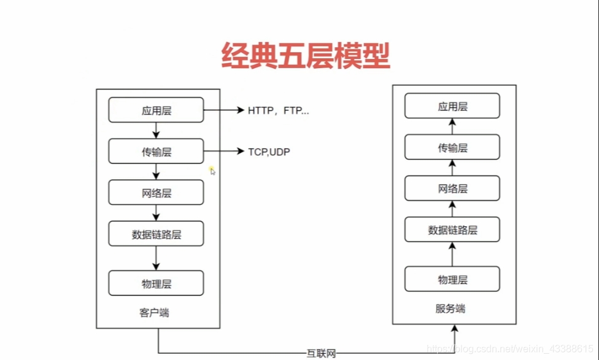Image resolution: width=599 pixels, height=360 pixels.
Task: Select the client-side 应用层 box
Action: point(156,110)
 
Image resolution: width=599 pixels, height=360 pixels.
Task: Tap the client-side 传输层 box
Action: point(156,151)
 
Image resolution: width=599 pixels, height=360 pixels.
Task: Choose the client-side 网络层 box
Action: point(156,193)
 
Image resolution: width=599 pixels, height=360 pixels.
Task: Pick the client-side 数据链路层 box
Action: point(156,234)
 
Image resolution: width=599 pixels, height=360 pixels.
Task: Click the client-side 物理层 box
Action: point(156,283)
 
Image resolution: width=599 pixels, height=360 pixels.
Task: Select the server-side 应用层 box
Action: point(452,106)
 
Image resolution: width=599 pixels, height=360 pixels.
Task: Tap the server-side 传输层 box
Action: point(452,148)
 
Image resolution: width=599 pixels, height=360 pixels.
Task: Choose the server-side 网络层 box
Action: point(452,189)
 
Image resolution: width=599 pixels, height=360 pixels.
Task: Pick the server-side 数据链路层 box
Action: point(452,230)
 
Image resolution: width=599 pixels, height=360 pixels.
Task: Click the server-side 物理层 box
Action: point(452,280)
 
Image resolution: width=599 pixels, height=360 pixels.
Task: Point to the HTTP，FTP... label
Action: point(279,111)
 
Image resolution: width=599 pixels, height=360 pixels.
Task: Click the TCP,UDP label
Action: point(269,152)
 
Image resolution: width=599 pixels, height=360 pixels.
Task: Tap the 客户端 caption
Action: point(154,313)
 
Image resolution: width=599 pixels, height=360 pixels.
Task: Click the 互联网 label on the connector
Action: point(322,353)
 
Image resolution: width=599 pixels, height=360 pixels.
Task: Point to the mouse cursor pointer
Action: point(212,171)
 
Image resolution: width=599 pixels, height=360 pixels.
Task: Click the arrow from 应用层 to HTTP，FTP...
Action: point(223,110)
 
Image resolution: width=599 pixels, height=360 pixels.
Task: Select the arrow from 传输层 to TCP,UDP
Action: point(223,151)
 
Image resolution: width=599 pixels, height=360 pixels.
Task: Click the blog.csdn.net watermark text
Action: point(510,349)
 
